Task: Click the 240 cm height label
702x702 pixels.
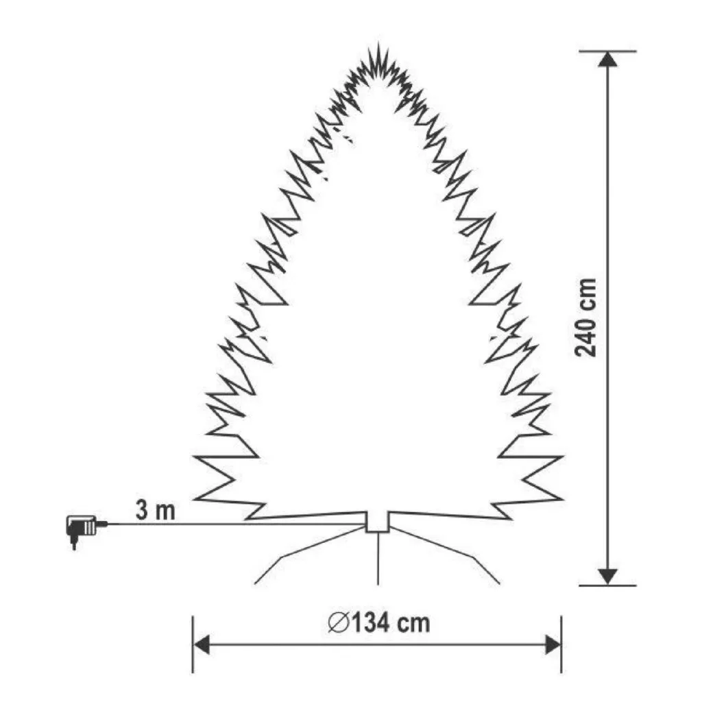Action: pyautogui.click(x=586, y=317)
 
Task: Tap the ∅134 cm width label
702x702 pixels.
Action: pyautogui.click(x=378, y=622)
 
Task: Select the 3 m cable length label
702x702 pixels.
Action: pyautogui.click(x=156, y=510)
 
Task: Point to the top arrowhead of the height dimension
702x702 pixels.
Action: pyautogui.click(x=607, y=59)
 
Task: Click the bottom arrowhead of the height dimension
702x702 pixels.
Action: pyautogui.click(x=607, y=577)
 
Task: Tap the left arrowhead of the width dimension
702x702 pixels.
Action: pyautogui.click(x=202, y=645)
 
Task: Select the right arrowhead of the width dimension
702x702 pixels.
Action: pyautogui.click(x=553, y=645)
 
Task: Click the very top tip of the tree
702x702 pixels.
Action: pyautogui.click(x=378, y=43)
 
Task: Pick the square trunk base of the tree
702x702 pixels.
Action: pyautogui.click(x=378, y=522)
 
